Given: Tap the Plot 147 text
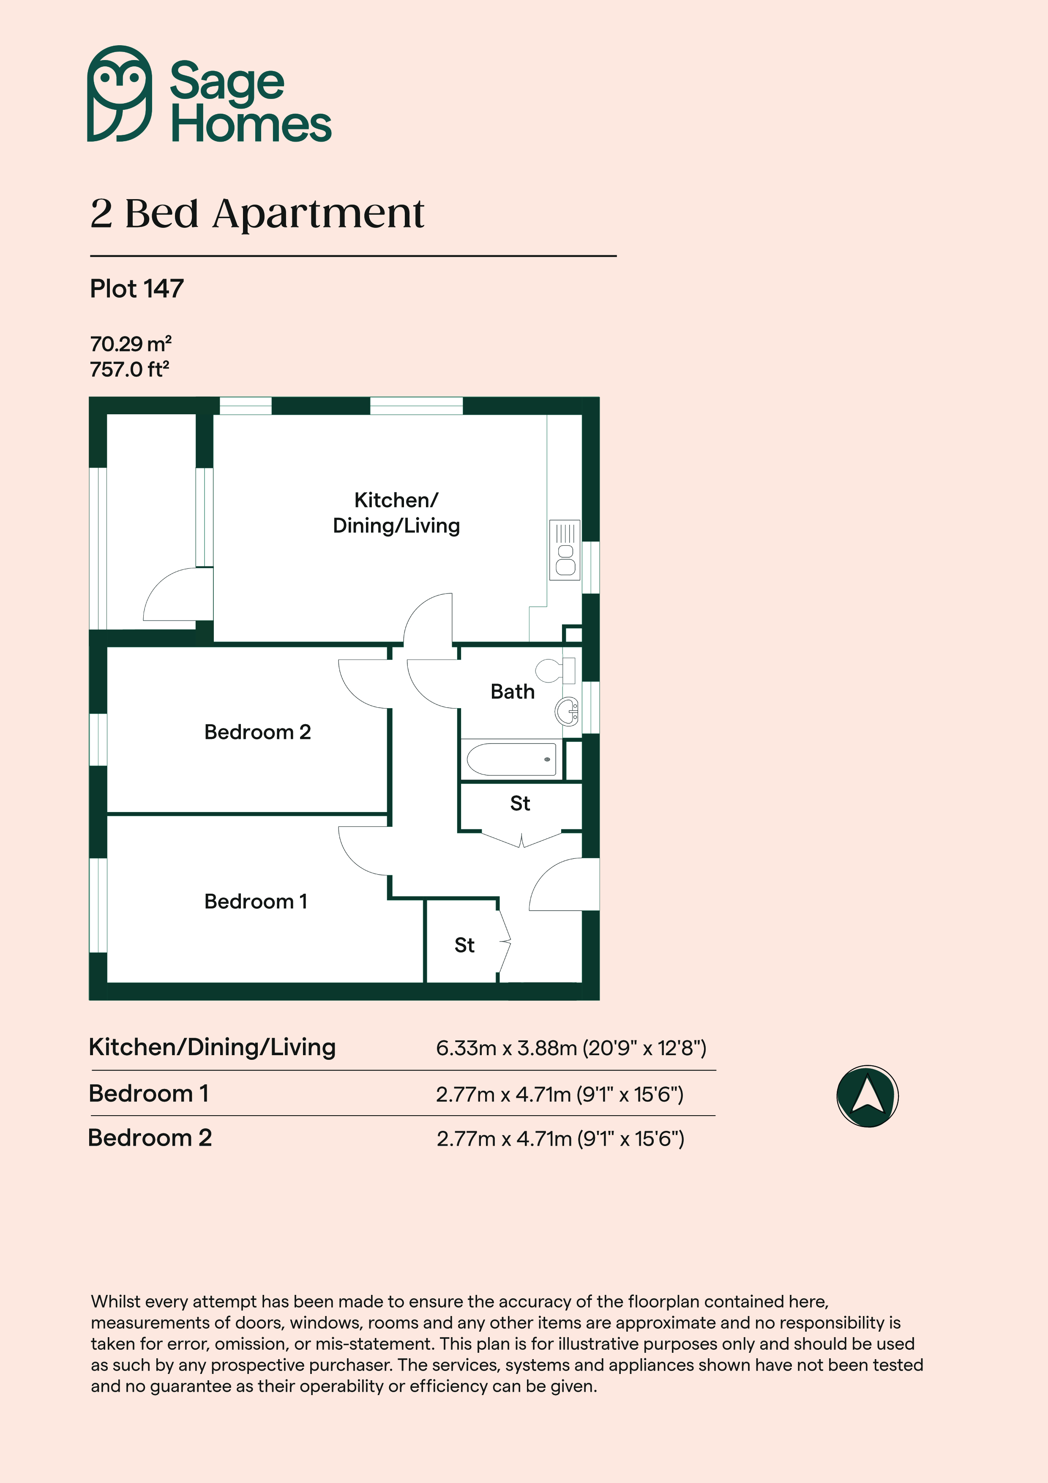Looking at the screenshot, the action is pos(137,289).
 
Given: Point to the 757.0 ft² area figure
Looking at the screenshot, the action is pos(129,369).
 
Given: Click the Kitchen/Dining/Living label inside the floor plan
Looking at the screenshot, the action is pos(396,513).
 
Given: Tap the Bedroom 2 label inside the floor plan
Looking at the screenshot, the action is pos(258,732).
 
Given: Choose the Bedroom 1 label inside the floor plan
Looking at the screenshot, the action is pos(256,901).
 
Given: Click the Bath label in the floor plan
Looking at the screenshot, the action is pos(513,692).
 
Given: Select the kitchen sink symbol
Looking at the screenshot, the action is pos(565,550).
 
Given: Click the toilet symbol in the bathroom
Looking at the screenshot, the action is pos(555,670).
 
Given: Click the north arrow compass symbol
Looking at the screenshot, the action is pos(867,1096).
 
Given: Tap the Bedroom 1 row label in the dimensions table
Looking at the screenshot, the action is pos(148,1094).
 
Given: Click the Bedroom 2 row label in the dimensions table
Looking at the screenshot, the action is pos(150,1138).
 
